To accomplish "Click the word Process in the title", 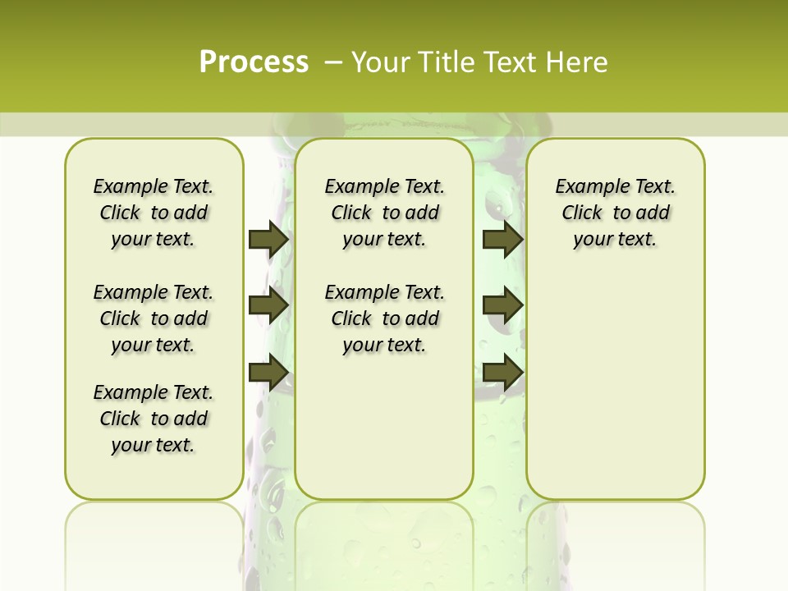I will (x=254, y=62).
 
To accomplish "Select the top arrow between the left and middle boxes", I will (x=268, y=239).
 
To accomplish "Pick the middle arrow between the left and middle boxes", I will (x=268, y=305).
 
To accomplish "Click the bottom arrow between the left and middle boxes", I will (x=268, y=372).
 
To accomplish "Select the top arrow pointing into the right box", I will (x=502, y=239).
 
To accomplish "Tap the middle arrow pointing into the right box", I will (x=502, y=305).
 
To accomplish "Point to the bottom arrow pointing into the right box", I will (x=502, y=372).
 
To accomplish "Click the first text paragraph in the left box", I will (x=153, y=213).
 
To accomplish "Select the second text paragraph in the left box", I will (x=153, y=318).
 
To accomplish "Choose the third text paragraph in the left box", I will (x=153, y=419).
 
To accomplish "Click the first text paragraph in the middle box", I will (x=384, y=213).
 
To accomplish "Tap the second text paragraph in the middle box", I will (x=384, y=318).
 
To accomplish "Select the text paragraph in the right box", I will (x=615, y=213).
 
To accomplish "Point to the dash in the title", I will (x=333, y=62).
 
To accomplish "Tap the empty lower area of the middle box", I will (x=384, y=427).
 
